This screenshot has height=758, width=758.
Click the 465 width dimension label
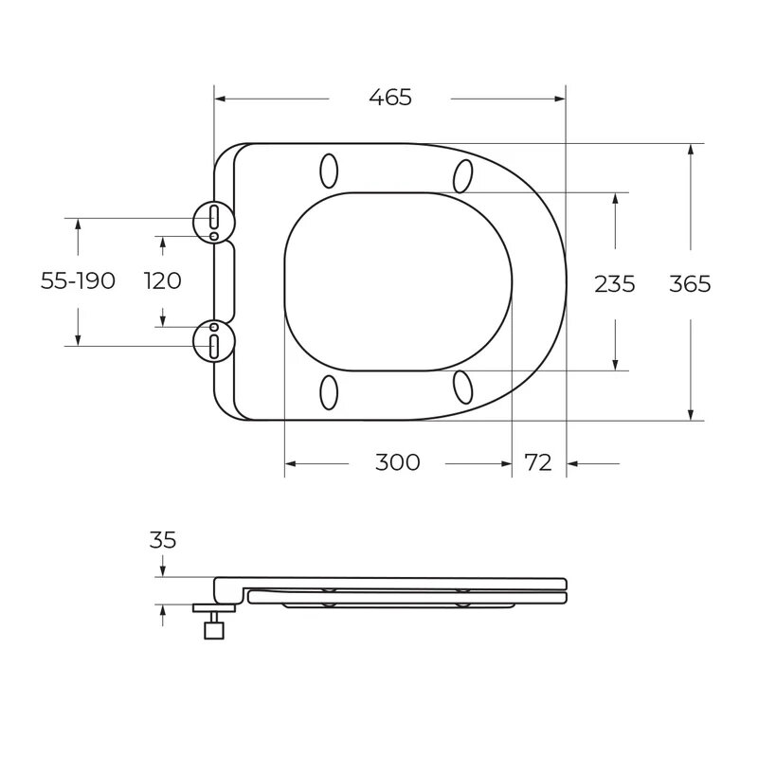coord(390,98)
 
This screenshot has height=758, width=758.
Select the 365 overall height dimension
coord(690,283)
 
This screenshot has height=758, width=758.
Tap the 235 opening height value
coord(614,283)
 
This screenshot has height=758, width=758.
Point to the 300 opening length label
coord(397,462)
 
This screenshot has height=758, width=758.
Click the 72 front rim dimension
coord(538,462)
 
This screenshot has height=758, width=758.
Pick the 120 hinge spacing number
coord(162,280)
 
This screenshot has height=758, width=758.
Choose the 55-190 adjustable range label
coord(78,280)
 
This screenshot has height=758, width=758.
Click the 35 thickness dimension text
coord(163,540)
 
